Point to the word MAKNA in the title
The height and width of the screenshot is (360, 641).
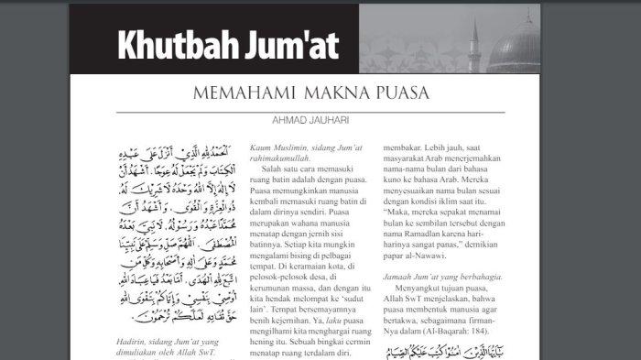click(x=323, y=93)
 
